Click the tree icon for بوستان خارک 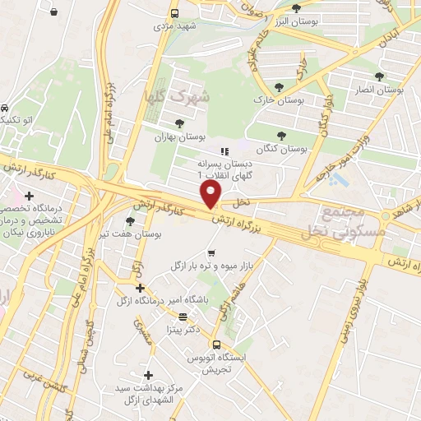click(x=280, y=87)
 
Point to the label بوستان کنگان click(x=281, y=149)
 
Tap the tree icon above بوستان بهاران click(x=179, y=123)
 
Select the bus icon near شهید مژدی click(x=174, y=13)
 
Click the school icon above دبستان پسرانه click(x=222, y=151)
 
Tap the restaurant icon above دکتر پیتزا click(x=183, y=316)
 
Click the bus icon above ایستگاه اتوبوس click(x=216, y=345)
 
